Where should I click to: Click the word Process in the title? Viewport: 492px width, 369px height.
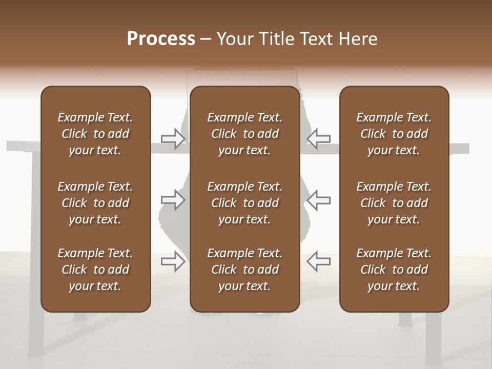[161, 39]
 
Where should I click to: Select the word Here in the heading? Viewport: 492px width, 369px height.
[357, 39]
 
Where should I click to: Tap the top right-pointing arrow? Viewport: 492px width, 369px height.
[173, 138]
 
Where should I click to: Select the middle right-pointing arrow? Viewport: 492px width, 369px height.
[173, 199]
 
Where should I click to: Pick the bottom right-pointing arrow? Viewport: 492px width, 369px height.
[173, 261]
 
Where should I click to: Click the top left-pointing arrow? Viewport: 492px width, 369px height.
[318, 138]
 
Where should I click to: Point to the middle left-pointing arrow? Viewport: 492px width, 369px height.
[318, 199]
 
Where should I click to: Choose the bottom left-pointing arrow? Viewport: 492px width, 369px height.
[318, 261]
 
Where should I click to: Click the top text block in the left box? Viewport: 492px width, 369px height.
[95, 134]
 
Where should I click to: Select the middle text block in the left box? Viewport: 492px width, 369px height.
[95, 203]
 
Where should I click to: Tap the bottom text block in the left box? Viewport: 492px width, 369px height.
[95, 270]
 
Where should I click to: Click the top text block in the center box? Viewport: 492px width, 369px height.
[244, 134]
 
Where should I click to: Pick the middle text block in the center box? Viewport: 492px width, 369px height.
[244, 203]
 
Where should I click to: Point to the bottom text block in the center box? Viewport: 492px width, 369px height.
[244, 270]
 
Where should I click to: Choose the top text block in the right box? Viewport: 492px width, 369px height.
[394, 134]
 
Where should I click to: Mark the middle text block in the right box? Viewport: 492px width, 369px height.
[394, 203]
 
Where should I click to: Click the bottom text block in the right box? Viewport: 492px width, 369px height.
[394, 270]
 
